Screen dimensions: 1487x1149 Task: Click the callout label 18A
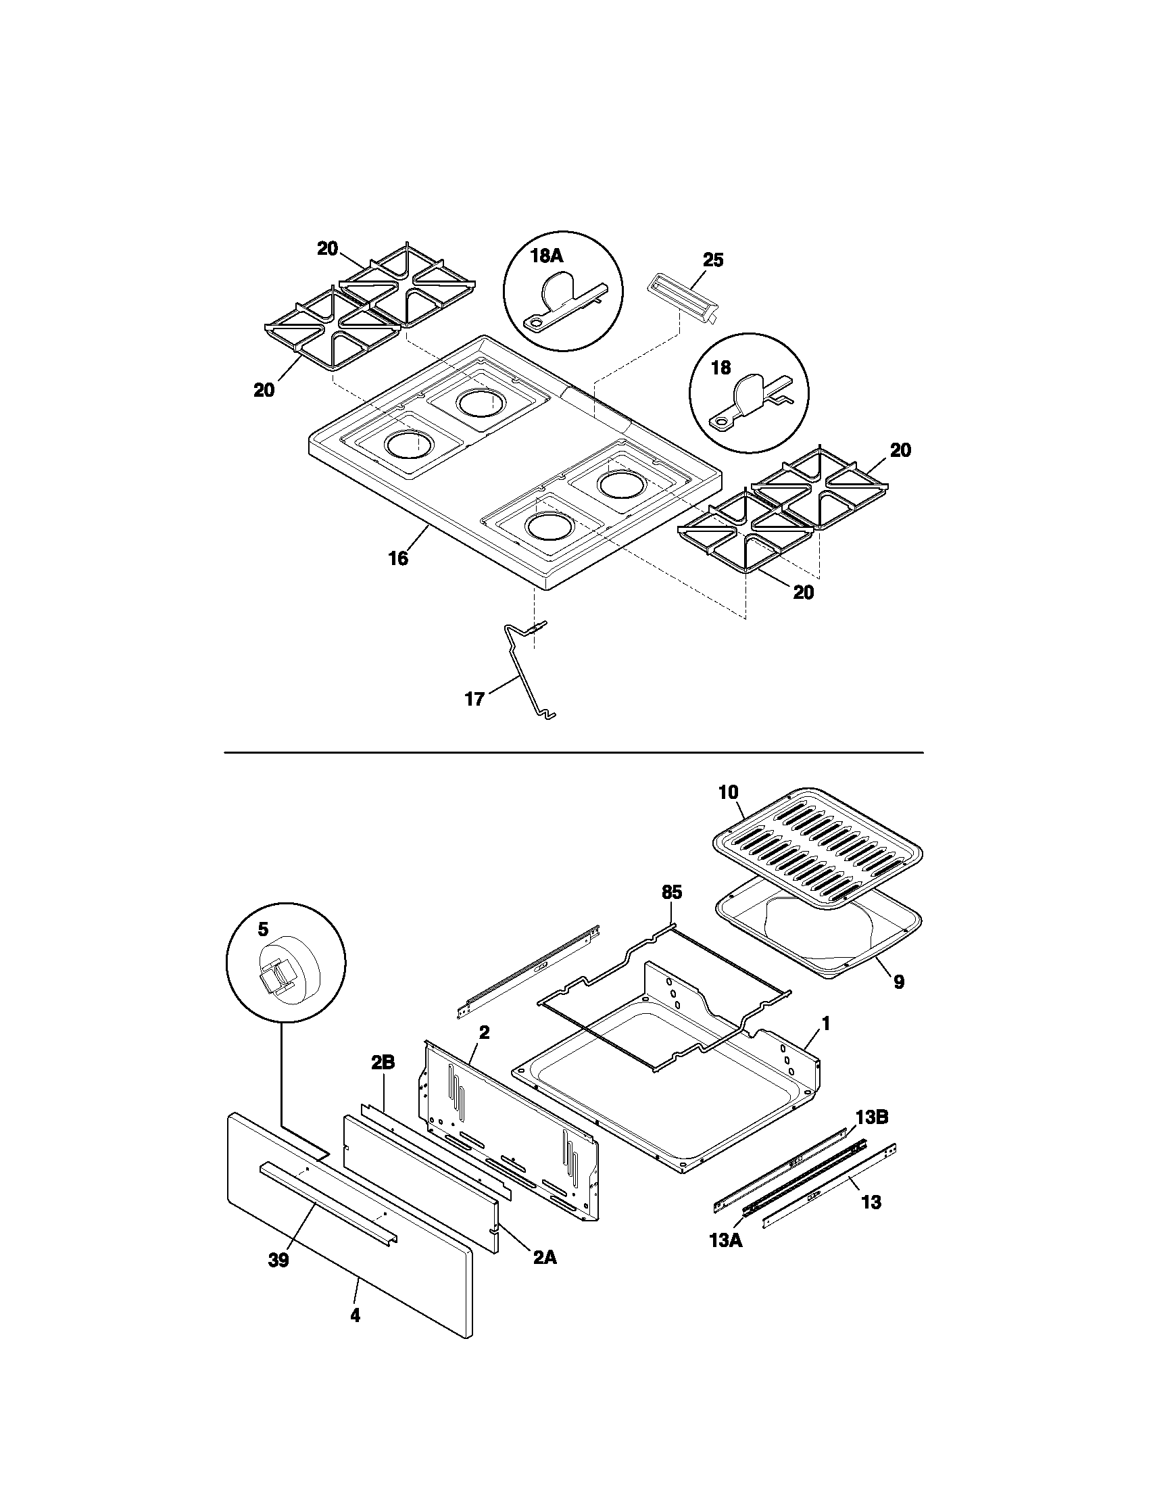point(547,255)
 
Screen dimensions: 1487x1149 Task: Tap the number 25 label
point(712,260)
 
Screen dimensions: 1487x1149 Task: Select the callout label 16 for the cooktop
point(398,558)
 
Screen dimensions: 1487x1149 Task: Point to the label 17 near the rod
point(474,700)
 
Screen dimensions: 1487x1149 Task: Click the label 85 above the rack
point(671,892)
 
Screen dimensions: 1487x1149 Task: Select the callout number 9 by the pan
point(898,981)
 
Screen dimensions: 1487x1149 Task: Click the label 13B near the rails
point(872,1117)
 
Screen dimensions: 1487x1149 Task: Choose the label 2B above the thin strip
point(383,1062)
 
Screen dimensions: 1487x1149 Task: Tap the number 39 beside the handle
point(278,1261)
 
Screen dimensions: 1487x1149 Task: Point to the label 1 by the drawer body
point(826,1042)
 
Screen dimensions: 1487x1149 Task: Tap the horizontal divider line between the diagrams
point(573,753)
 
